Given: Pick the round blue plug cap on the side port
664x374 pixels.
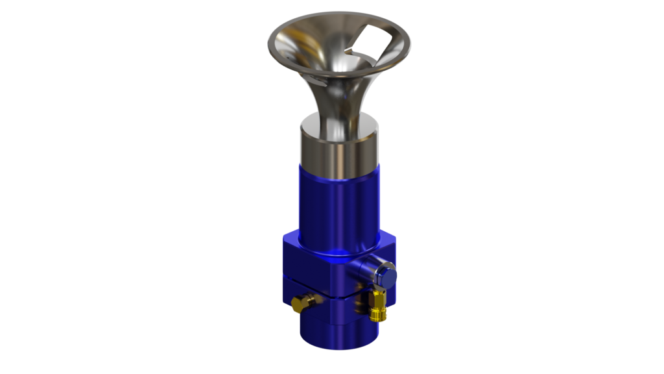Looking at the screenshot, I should (388, 276).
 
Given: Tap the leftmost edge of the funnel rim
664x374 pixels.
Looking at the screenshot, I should (268, 45).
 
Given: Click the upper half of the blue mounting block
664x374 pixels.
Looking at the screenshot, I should (311, 263).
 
